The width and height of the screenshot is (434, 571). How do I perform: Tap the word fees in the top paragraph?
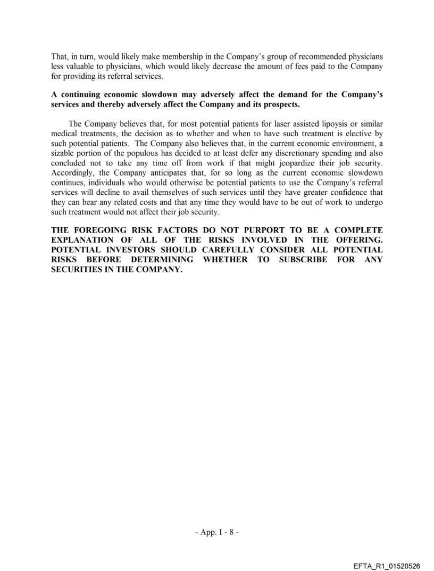point(305,66)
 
